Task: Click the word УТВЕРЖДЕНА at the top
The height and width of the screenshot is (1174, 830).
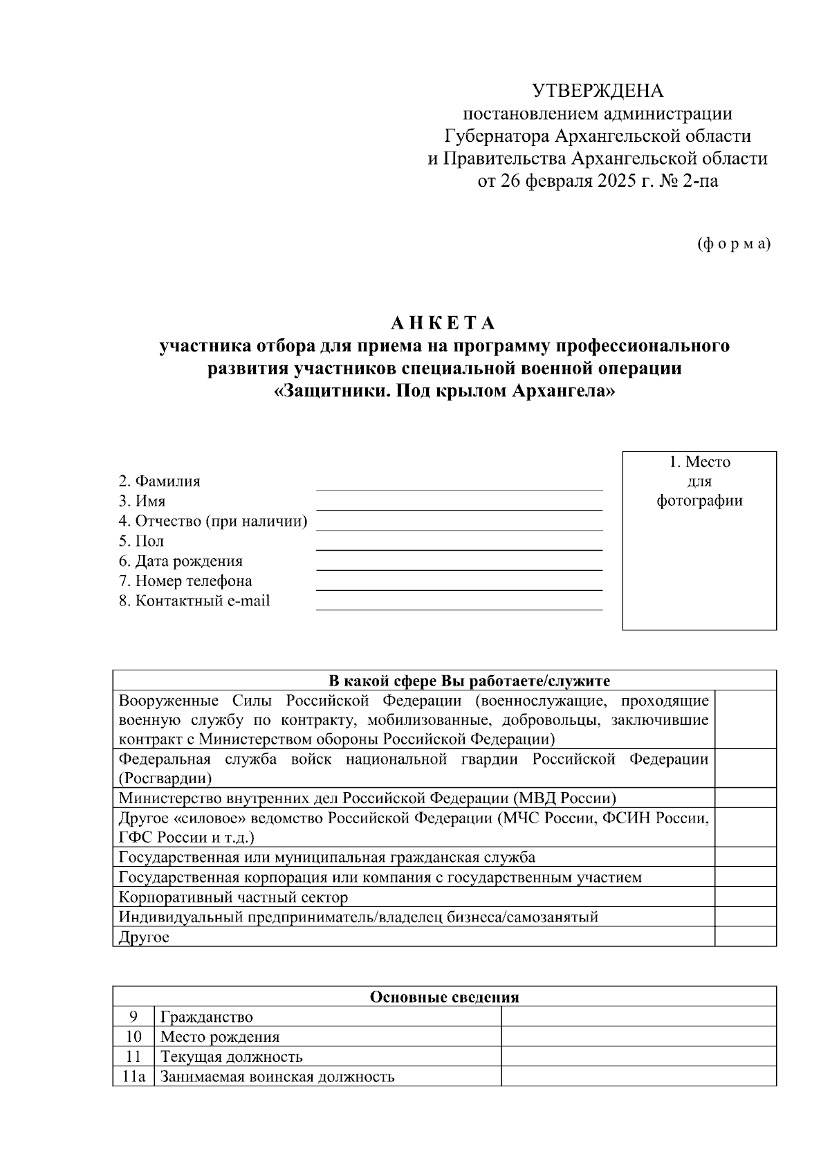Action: click(x=597, y=91)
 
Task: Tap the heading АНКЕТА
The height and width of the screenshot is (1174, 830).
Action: click(x=443, y=324)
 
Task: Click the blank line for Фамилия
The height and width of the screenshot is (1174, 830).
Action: click(x=459, y=484)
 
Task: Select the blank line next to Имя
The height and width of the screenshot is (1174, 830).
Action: click(x=459, y=504)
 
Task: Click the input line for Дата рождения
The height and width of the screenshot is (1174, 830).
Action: click(x=459, y=563)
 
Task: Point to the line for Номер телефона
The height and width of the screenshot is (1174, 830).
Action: click(x=459, y=583)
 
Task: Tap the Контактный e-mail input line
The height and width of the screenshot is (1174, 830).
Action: click(x=459, y=603)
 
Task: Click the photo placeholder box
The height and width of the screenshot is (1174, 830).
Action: click(x=699, y=540)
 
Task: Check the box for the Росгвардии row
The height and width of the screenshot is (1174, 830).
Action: click(x=745, y=768)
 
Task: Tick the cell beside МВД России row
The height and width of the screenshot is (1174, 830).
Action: click(x=745, y=798)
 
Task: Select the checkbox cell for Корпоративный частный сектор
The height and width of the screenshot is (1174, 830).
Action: click(x=745, y=897)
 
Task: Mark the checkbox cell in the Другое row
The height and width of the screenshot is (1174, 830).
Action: click(x=745, y=937)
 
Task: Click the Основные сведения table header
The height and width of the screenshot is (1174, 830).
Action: click(x=444, y=996)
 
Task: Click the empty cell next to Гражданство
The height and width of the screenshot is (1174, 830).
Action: click(x=638, y=1016)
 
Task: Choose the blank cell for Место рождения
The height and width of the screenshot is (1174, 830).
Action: click(x=638, y=1036)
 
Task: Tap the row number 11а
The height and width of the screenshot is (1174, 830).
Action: click(x=133, y=1076)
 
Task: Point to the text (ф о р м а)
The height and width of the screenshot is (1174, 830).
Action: click(x=733, y=244)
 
